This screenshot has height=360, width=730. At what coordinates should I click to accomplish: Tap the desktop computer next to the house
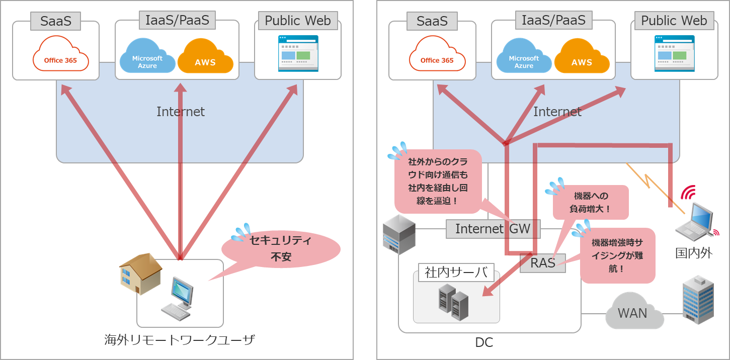[178, 299]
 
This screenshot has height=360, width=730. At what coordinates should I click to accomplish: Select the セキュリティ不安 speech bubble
[281, 249]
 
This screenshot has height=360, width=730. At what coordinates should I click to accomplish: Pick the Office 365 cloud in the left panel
[60, 56]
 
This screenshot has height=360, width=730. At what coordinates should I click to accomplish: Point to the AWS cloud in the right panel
[582, 56]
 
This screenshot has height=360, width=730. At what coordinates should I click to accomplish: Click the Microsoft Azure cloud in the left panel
[147, 58]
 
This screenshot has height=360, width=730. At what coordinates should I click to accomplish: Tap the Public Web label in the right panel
[674, 21]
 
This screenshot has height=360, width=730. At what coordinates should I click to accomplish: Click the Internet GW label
[493, 229]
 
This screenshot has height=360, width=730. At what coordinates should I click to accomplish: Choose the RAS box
[542, 262]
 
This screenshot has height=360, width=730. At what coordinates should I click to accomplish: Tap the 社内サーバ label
[456, 273]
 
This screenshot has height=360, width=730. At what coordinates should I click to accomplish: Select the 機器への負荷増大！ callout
[591, 202]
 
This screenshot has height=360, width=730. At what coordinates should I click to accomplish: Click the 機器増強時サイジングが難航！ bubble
[617, 255]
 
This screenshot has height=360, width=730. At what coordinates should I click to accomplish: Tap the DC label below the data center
[484, 343]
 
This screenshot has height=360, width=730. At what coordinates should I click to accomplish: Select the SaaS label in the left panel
[56, 21]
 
